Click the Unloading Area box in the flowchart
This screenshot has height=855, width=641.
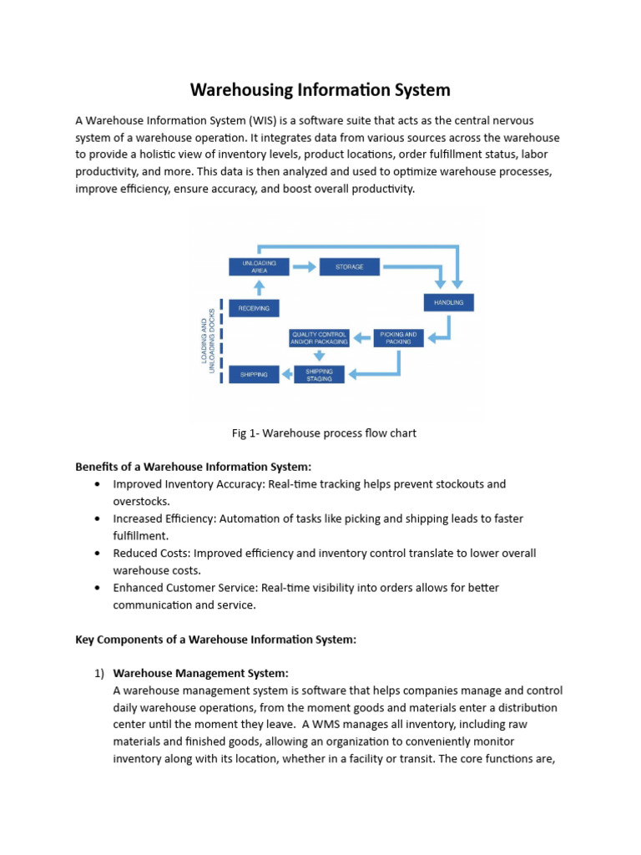259,266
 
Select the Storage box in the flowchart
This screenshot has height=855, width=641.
349,266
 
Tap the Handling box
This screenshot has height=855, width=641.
449,301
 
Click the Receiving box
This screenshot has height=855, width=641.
254,308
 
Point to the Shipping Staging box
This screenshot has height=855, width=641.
319,374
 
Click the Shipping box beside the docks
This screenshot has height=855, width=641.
254,374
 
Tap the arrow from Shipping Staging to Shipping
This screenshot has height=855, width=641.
287,374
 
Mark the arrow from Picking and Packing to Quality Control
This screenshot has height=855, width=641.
361,337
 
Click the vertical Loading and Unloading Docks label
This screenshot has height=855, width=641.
206,340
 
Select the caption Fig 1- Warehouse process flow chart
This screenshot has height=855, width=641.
323,433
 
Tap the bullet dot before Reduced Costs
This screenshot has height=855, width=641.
99,553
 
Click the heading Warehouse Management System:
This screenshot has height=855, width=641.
201,672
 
